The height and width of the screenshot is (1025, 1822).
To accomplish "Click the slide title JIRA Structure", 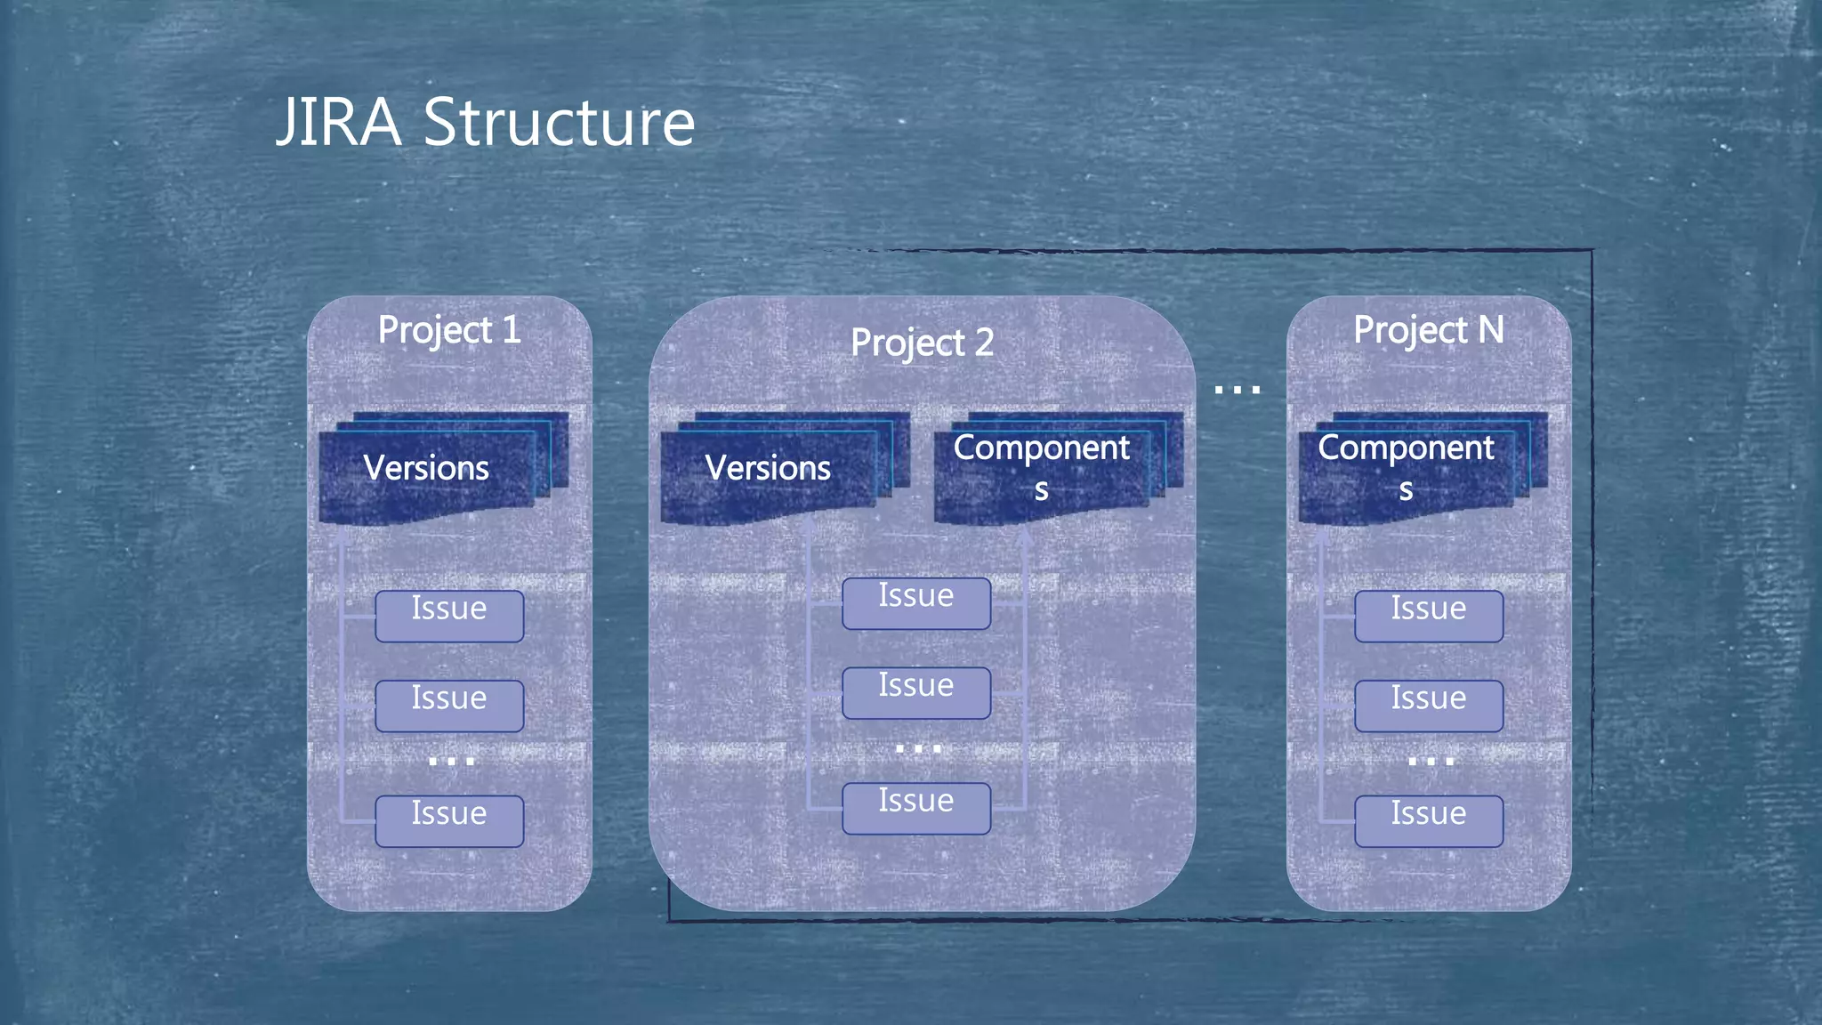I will tap(485, 122).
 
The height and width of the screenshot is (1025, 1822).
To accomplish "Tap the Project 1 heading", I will tap(449, 330).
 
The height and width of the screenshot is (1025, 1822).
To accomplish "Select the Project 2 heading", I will tap(922, 343).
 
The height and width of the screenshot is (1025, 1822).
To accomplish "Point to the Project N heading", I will tap(1428, 330).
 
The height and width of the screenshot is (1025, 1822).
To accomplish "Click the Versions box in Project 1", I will tap(427, 469).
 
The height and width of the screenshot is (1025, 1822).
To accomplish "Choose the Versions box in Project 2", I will tap(768, 469).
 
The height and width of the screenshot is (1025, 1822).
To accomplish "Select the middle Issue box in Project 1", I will tap(449, 706).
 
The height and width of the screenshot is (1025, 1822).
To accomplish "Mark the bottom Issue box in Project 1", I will tap(449, 820).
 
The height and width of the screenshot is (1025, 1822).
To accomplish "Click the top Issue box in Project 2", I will tap(916, 603).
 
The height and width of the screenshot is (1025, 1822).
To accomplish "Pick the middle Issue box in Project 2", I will tap(916, 692).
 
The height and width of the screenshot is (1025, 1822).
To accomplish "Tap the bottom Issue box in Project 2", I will tap(916, 808).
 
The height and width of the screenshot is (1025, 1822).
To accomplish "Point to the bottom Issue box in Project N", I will tap(1429, 820).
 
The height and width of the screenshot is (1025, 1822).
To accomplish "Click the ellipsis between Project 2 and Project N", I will tap(1237, 390).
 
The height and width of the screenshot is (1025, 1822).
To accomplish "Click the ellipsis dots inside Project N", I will tap(1431, 762).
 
